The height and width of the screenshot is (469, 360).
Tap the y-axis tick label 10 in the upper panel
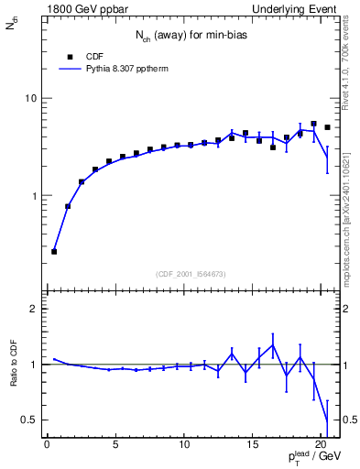click(31, 98)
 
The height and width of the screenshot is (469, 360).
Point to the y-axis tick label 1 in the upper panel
click(34, 196)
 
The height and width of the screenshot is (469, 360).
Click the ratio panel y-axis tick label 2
click(34, 309)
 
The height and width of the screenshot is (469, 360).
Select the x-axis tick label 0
click(47, 445)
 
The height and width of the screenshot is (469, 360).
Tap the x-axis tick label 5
click(115, 445)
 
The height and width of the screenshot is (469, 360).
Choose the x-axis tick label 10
click(184, 445)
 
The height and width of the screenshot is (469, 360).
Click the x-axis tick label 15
click(253, 445)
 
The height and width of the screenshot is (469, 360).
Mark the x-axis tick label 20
click(321, 445)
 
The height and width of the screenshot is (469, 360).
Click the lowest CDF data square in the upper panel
click(54, 251)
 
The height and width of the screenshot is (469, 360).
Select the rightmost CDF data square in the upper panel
click(327, 127)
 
